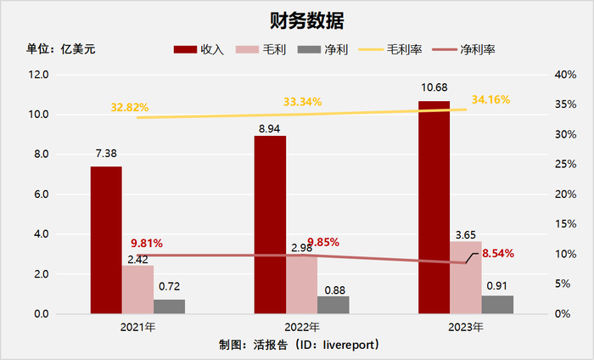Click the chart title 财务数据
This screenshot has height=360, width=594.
296,19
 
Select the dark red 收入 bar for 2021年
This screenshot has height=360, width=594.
106,239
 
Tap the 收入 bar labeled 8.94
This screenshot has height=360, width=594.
270,224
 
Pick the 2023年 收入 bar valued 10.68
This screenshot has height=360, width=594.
434,207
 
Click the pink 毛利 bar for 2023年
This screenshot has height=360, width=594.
466,277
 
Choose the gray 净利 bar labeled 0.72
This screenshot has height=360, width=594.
169,307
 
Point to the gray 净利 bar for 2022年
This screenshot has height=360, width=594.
333,305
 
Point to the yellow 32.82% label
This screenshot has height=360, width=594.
129,108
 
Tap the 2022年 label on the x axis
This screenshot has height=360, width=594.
301,327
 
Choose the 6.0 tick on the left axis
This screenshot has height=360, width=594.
40,194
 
